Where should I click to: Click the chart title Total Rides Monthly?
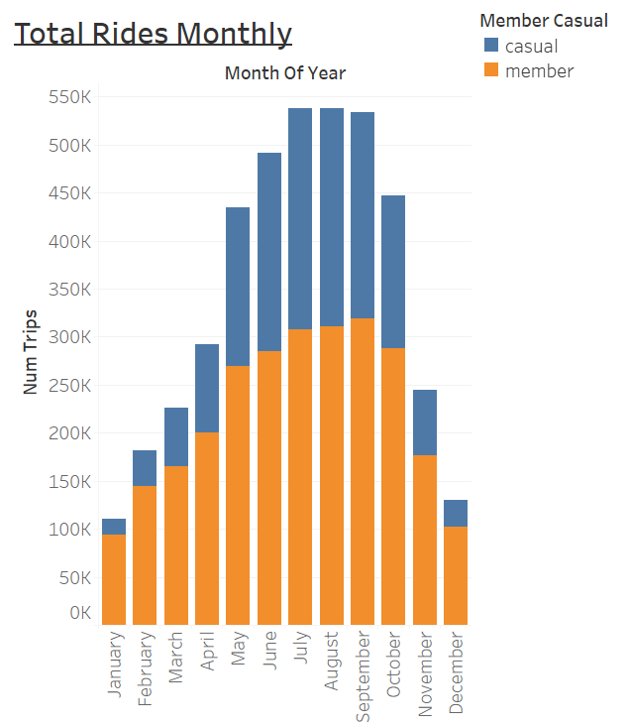pyautogui.click(x=154, y=34)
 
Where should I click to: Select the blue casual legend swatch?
pyautogui.click(x=491, y=46)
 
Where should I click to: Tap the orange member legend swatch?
pyautogui.click(x=491, y=70)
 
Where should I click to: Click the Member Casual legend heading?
pyautogui.click(x=543, y=20)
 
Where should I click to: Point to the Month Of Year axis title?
pyautogui.click(x=285, y=72)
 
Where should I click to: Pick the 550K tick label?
pyautogui.click(x=69, y=97)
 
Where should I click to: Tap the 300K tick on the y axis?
pyautogui.click(x=69, y=337)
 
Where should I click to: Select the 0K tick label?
pyautogui.click(x=80, y=613)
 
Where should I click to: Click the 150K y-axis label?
pyautogui.click(x=69, y=481)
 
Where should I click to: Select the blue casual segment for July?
pyautogui.click(x=300, y=218)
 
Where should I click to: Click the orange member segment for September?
pyautogui.click(x=363, y=471)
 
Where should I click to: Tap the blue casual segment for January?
pyautogui.click(x=114, y=527)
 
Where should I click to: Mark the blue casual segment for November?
pyautogui.click(x=425, y=423)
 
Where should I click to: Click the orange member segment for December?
pyautogui.click(x=456, y=575)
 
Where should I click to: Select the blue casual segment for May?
pyautogui.click(x=238, y=287)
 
